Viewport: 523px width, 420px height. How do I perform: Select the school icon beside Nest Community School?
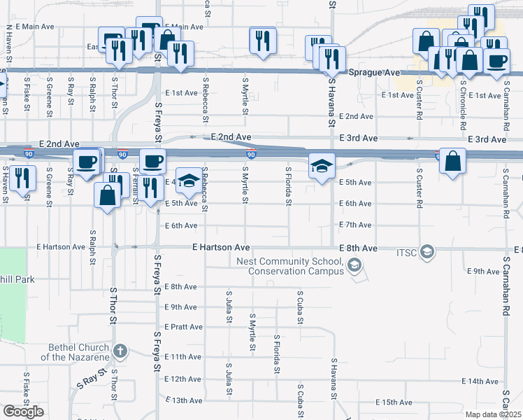pos(355,265)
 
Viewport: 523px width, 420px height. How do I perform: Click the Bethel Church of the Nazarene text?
pos(78,352)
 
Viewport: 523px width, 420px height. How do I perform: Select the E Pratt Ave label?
pos(184,327)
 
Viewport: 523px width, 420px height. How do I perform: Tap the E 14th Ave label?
pos(481,381)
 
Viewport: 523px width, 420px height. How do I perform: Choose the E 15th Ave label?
pos(394,402)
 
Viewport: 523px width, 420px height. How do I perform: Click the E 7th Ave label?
pos(354,225)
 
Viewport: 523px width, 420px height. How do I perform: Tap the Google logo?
pos(23,412)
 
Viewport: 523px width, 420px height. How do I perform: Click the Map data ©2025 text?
pos(493,414)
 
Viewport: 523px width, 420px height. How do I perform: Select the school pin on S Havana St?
pos(322,167)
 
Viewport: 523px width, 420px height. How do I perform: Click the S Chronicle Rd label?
pos(463,105)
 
